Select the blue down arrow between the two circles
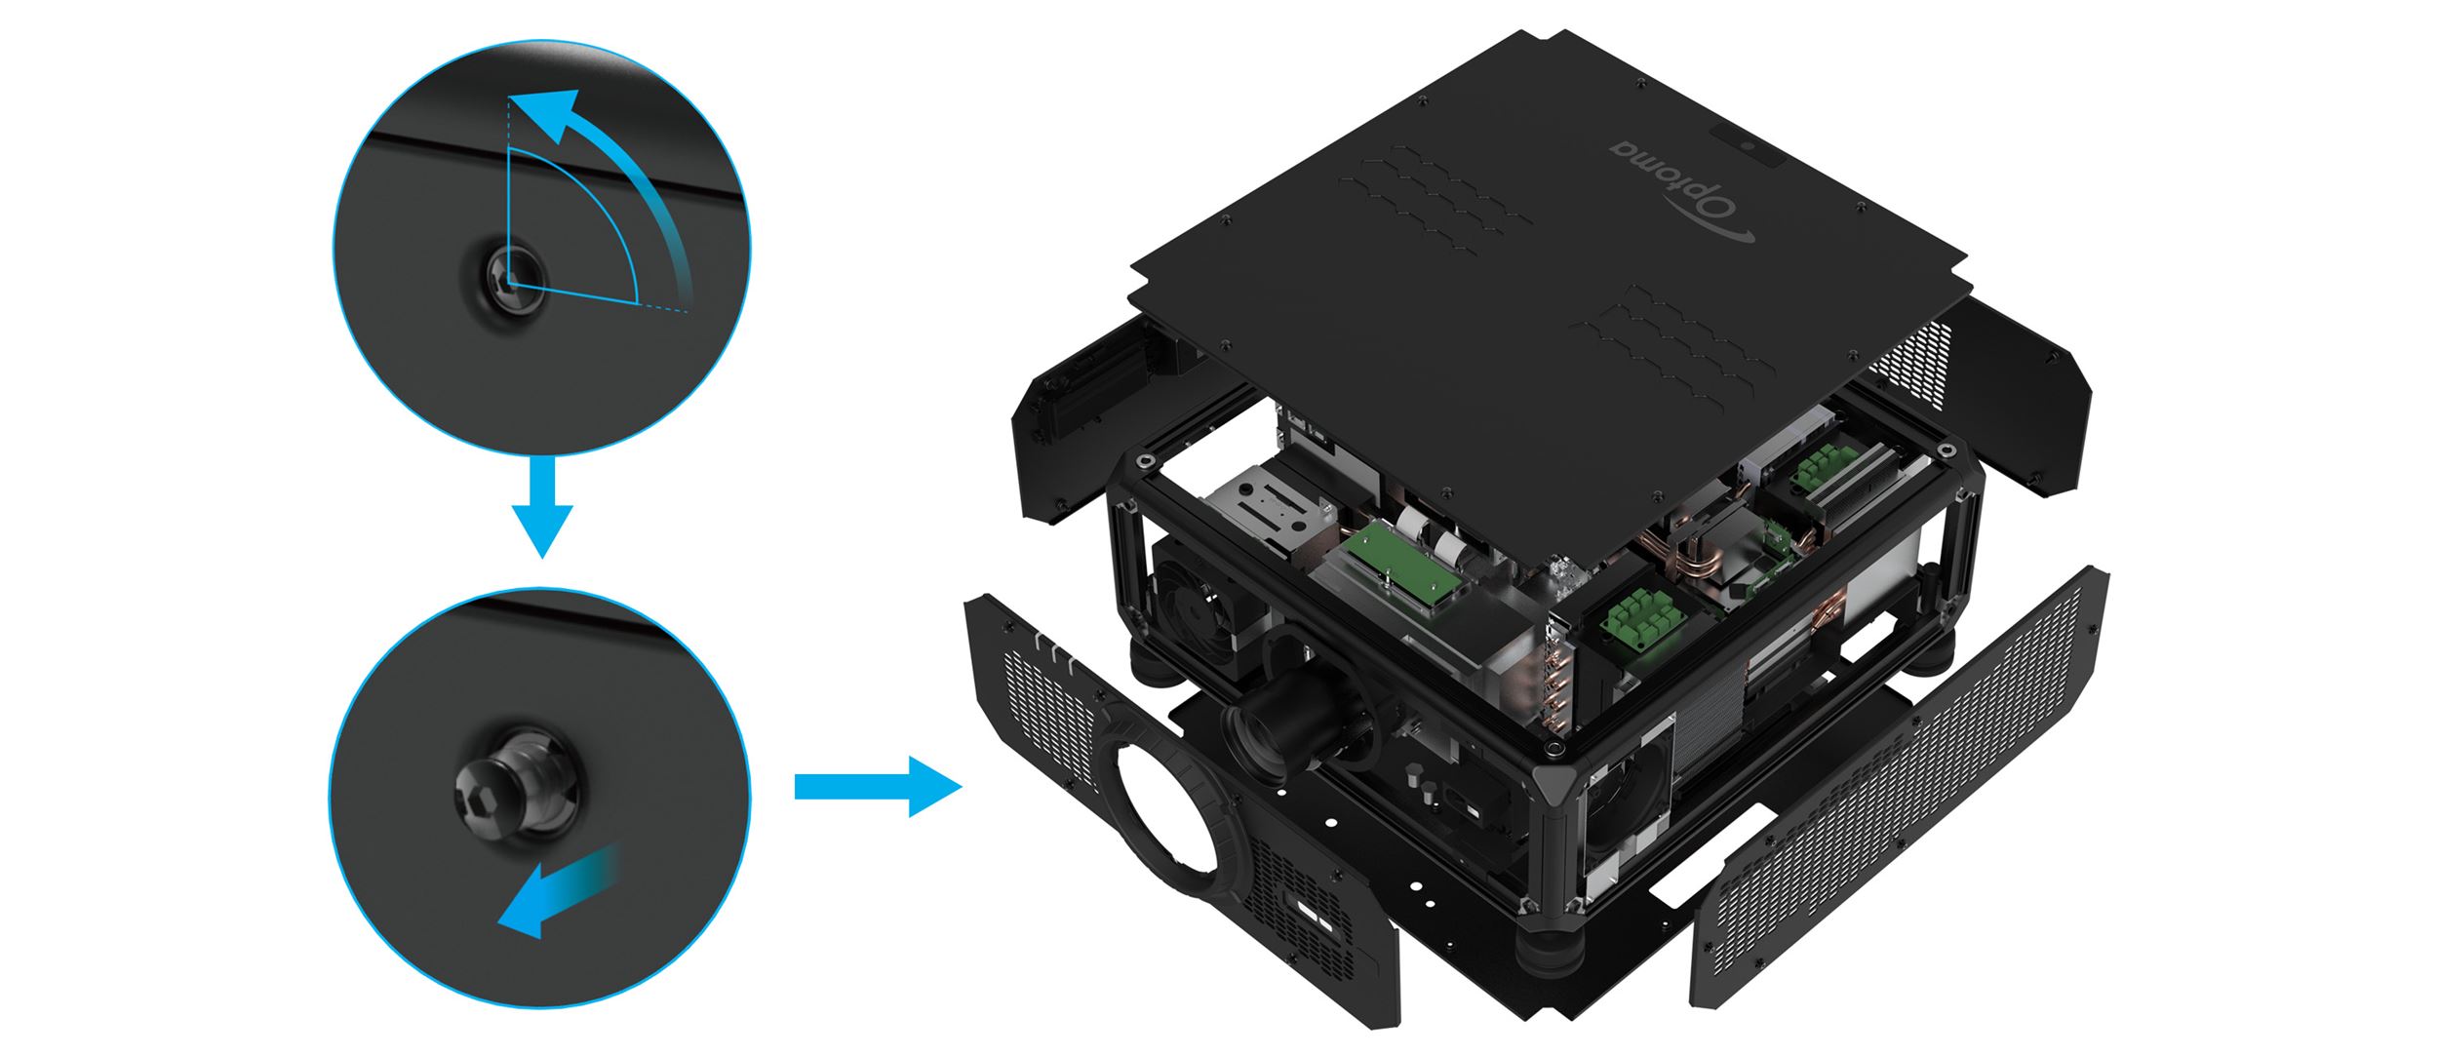click(x=542, y=506)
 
